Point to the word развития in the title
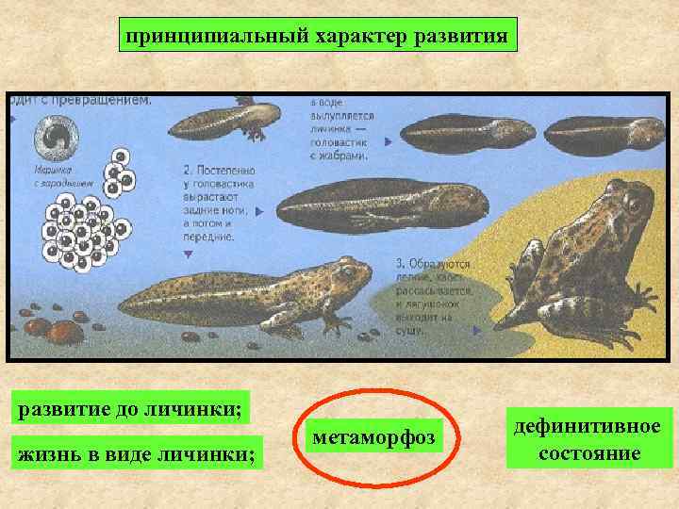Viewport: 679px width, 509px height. pos(459,37)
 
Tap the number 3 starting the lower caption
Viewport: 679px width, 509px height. pos(400,263)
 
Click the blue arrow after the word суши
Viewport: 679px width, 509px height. pos(475,331)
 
